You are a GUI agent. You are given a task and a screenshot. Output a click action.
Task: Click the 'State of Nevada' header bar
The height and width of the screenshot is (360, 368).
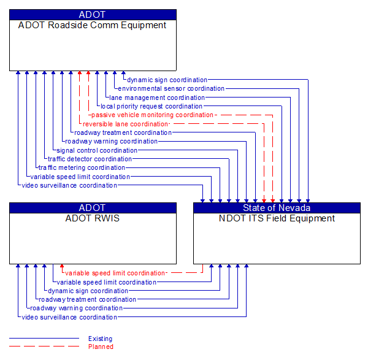coord(277,208)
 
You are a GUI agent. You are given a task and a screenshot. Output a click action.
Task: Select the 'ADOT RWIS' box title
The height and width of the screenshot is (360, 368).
coord(92,218)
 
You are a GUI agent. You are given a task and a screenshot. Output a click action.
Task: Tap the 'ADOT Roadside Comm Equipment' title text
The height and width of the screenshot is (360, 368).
coord(92,25)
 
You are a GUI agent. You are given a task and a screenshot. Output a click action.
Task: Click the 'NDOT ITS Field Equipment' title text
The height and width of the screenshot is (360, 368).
coord(277,218)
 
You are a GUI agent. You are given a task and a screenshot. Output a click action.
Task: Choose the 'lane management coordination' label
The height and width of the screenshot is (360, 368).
coord(157,98)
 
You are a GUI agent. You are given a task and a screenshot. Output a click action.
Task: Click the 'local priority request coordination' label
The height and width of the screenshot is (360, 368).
coord(151,106)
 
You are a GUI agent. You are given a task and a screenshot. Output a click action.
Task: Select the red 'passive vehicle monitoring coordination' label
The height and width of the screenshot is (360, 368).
coord(152,115)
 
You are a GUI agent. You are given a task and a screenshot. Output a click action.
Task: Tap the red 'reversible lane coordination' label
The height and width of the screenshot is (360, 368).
coord(125,124)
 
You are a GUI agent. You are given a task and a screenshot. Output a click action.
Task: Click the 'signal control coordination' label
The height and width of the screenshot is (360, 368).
coord(97,150)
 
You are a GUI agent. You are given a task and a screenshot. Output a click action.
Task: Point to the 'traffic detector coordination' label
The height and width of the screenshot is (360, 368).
coord(90,159)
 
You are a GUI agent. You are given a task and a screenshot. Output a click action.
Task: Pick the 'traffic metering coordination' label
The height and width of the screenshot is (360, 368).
coord(82,167)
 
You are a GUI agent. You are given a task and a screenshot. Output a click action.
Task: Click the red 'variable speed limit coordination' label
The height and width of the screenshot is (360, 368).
coord(115,273)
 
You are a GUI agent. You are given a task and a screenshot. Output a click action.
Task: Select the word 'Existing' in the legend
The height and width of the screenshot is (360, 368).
coord(100,339)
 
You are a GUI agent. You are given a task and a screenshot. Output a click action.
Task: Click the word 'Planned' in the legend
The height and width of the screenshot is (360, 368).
coord(101,347)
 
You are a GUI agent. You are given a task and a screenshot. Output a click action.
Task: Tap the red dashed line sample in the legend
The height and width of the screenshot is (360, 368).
coord(44,347)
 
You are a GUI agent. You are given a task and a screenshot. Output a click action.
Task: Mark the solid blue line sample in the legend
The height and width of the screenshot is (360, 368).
coord(44,339)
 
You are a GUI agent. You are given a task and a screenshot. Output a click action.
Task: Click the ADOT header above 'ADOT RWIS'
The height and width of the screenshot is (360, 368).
coord(92,208)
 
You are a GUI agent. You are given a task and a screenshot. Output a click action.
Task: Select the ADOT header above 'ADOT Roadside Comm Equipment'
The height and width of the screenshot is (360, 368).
coord(92,15)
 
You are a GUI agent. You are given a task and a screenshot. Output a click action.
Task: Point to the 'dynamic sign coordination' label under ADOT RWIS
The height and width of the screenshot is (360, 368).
coord(88,291)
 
